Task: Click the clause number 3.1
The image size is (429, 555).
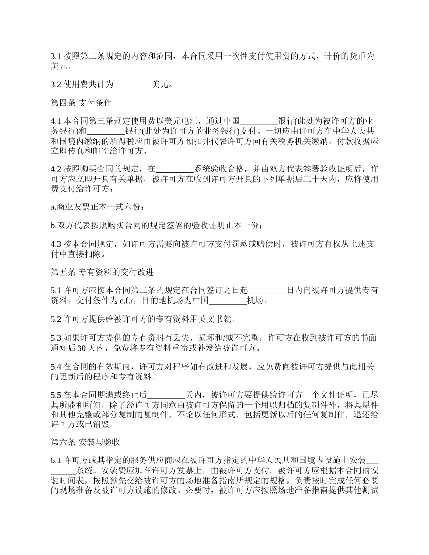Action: [x=56, y=57]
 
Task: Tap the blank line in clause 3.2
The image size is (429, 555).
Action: [x=132, y=84]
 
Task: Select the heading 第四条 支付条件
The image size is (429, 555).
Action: [x=81, y=103]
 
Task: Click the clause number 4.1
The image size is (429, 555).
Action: [x=56, y=121]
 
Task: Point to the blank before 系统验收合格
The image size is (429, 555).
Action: [x=175, y=169]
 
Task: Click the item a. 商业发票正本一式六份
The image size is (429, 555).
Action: [x=98, y=207]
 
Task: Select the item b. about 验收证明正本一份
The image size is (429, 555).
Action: [x=156, y=225]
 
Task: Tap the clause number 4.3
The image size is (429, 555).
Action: [x=56, y=244]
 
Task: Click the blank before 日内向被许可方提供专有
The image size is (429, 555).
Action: [x=267, y=291]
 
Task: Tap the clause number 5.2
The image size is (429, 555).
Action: [x=56, y=319]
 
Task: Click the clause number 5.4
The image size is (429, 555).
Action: [x=56, y=366]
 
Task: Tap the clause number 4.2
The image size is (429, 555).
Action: [x=56, y=169]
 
